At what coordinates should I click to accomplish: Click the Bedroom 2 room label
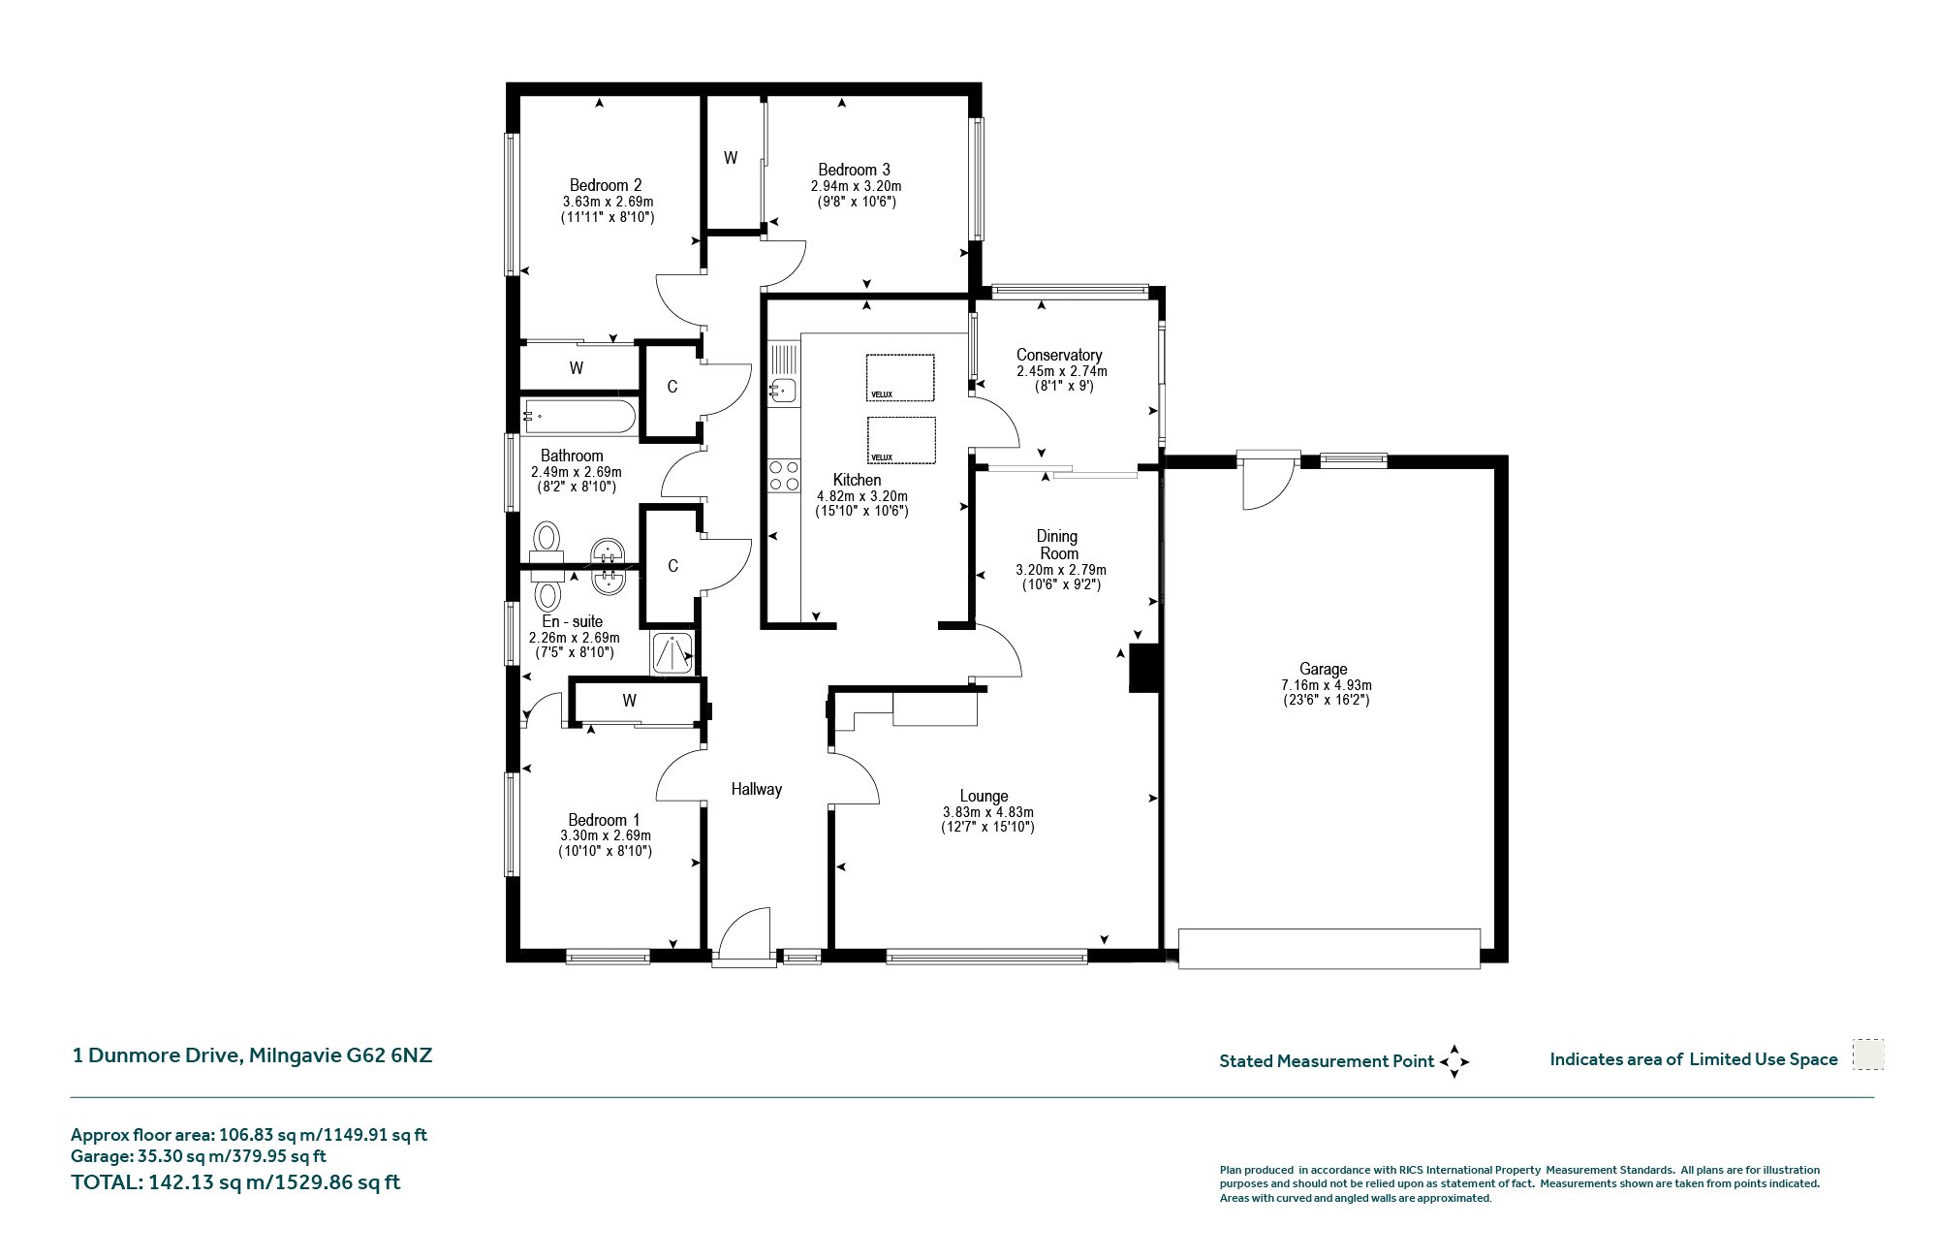tap(606, 185)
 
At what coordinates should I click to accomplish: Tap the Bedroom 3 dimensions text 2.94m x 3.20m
tap(856, 186)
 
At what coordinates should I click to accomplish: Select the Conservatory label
tap(1059, 355)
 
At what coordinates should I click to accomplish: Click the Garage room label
tap(1323, 669)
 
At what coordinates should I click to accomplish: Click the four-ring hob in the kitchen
tap(784, 476)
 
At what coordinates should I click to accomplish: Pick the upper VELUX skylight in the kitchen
tap(900, 378)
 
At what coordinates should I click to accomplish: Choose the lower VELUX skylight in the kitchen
tap(900, 441)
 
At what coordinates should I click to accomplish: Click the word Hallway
tap(756, 789)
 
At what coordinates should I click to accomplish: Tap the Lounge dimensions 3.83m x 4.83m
tap(988, 812)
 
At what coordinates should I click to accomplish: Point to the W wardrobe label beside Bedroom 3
tap(731, 158)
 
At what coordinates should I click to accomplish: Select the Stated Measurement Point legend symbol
tap(1454, 1062)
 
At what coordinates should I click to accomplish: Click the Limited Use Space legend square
tap(1868, 1054)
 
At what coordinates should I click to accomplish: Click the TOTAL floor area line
tap(235, 1182)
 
